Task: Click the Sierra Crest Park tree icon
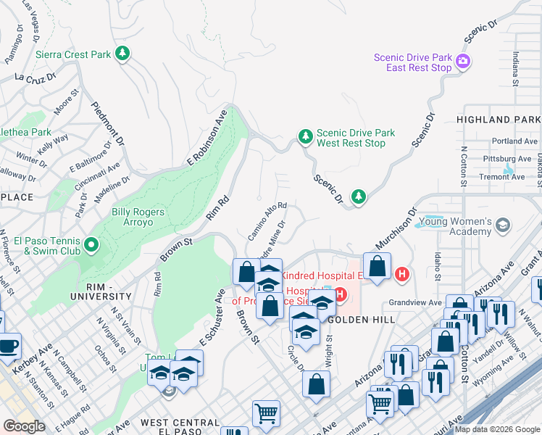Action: [x=123, y=54]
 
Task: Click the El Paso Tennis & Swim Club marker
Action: [x=91, y=246]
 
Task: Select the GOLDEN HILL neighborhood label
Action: [x=362, y=320]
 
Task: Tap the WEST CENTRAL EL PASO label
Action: [x=180, y=427]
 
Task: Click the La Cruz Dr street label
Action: [x=32, y=77]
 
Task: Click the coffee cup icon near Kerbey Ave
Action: [x=9, y=345]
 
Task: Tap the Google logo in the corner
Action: [x=24, y=426]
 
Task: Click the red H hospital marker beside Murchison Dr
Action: [x=402, y=273]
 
